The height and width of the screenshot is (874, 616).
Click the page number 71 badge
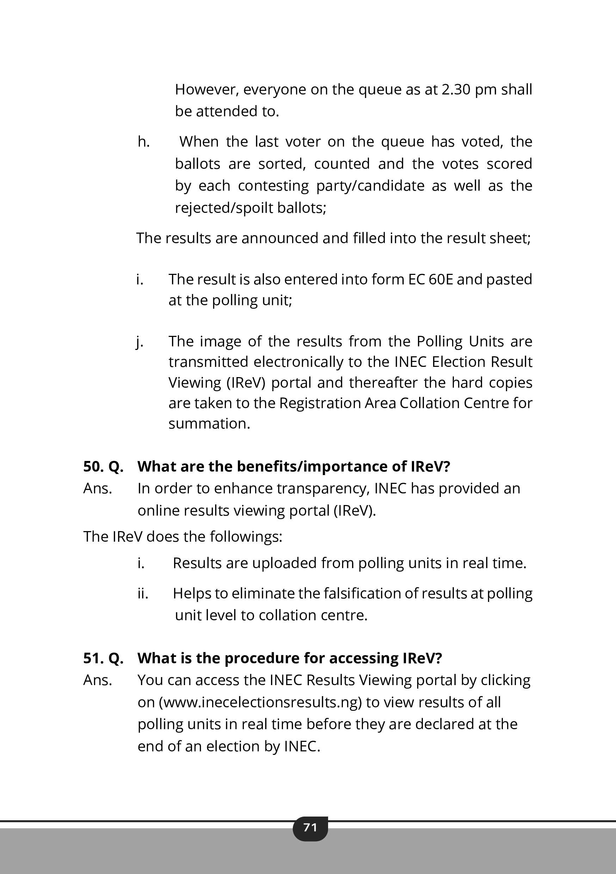click(310, 827)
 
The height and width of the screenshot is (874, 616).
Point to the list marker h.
click(143, 142)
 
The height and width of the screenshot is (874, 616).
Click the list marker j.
click(140, 342)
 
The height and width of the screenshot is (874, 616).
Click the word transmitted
click(209, 362)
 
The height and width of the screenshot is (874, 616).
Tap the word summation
click(209, 424)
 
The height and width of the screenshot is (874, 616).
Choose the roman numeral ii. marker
click(143, 594)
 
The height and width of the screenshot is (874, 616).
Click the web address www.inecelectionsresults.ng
click(260, 702)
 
